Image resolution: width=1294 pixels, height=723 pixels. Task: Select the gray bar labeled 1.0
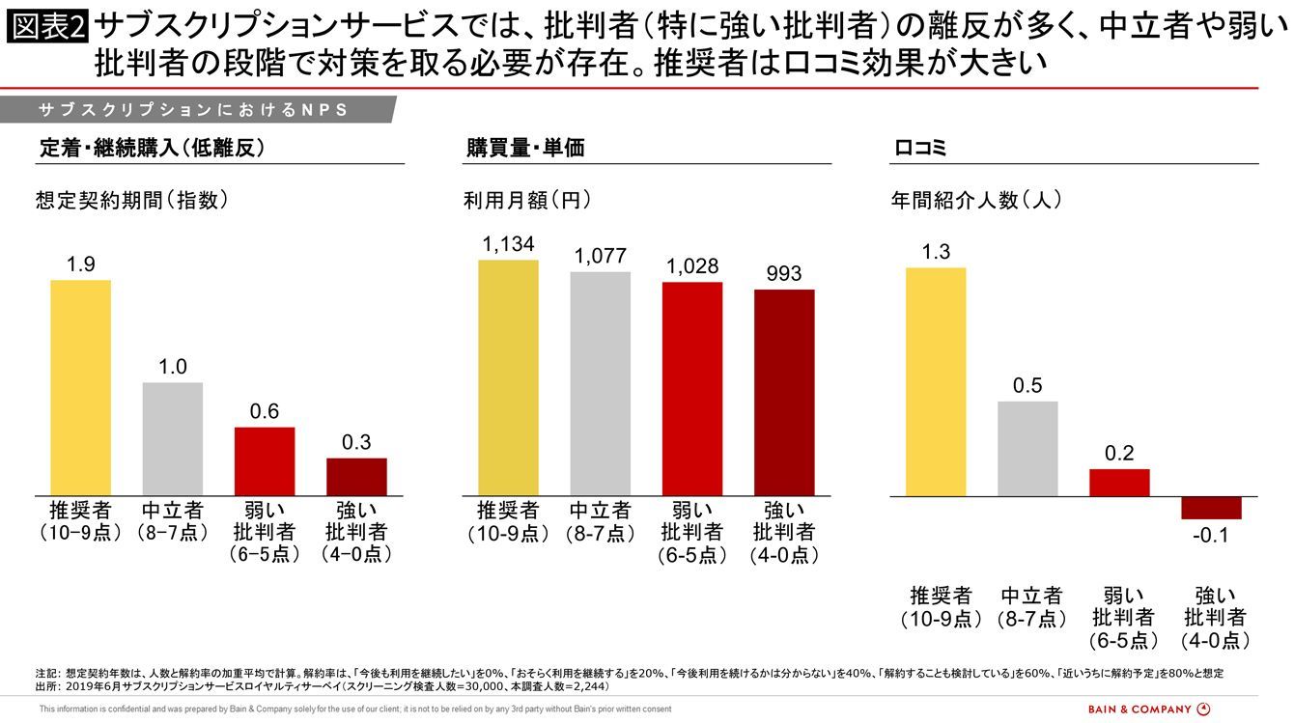point(173,439)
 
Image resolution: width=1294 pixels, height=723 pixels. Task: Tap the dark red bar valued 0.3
point(356,477)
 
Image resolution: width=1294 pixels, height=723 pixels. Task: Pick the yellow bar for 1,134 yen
point(508,377)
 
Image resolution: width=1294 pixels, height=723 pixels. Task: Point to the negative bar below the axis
point(1211,508)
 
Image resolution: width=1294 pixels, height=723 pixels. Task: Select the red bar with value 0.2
point(1119,483)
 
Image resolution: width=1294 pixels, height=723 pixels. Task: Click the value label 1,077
point(600,257)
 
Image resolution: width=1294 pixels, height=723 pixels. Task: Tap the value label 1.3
point(936,252)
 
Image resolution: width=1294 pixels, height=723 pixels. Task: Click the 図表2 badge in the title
point(47,27)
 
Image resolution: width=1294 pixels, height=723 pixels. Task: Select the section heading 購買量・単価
point(525,149)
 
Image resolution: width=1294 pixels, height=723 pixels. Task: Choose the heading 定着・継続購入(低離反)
point(152,149)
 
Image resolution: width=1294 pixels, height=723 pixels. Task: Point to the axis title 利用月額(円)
point(526,201)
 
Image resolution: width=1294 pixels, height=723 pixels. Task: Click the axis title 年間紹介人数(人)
point(976,201)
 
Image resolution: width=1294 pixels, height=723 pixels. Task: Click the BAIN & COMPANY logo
point(1148,709)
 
